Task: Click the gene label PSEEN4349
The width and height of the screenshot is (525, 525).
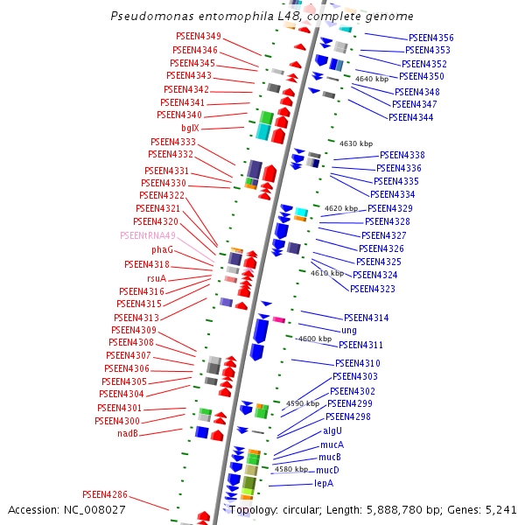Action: (x=198, y=37)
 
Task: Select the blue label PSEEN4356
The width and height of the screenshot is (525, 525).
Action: (x=430, y=38)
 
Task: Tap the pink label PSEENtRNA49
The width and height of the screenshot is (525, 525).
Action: (x=148, y=236)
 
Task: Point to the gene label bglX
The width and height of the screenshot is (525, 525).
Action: (x=190, y=129)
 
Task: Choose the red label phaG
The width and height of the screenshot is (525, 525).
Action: (x=162, y=250)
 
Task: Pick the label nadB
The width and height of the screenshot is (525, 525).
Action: (x=128, y=434)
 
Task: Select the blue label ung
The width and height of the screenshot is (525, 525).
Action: (x=348, y=331)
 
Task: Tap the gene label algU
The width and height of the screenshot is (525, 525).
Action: (x=332, y=430)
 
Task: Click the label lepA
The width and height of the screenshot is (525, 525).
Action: (x=324, y=483)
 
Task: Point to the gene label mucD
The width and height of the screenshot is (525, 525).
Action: (x=327, y=470)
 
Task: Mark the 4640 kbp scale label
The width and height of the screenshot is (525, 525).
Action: (x=371, y=80)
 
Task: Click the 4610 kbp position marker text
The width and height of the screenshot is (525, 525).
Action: (x=327, y=273)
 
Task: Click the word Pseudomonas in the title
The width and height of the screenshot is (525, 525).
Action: (x=148, y=17)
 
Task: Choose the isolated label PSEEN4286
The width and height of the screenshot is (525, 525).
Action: (x=105, y=494)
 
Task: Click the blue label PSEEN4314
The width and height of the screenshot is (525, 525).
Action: (x=366, y=318)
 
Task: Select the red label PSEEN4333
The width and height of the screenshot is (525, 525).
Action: (x=172, y=142)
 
